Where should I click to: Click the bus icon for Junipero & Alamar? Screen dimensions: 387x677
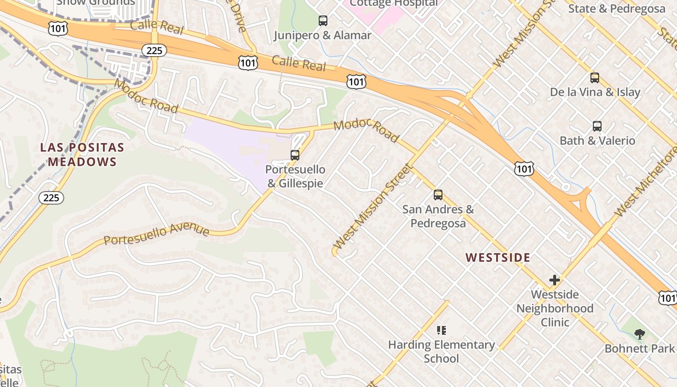tap(323, 21)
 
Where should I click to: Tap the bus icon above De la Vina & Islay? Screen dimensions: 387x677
tap(595, 78)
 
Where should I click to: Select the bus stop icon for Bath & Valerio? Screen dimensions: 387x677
tap(597, 126)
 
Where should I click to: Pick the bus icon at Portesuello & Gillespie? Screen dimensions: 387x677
tap(295, 155)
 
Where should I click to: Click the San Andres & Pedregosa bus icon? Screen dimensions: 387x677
tap(438, 195)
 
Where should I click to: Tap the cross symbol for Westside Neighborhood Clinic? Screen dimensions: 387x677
tap(555, 280)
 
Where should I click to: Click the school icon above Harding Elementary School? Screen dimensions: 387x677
tap(441, 330)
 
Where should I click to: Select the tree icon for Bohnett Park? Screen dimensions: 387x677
tap(639, 334)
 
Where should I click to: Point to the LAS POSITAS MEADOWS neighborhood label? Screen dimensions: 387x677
tap(82, 155)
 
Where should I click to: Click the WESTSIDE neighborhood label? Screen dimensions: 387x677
tap(498, 258)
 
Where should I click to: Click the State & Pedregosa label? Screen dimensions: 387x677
tap(617, 9)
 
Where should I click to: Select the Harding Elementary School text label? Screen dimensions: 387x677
tap(442, 352)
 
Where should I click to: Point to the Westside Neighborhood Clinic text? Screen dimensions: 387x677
tap(555, 308)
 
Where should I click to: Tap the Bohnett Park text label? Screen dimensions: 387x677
tap(639, 348)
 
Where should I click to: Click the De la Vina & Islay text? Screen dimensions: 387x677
tap(595, 92)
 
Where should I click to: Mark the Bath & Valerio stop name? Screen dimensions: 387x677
tap(597, 141)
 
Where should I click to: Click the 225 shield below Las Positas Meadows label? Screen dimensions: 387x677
tap(51, 197)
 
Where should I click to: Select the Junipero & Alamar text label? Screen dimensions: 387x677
tap(323, 35)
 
